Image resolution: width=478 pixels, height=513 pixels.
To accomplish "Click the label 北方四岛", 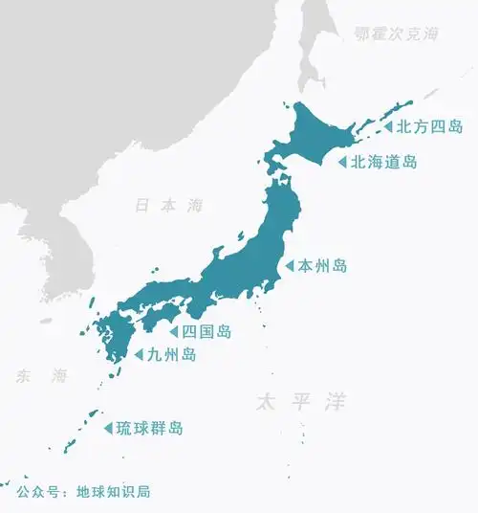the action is point(429,126).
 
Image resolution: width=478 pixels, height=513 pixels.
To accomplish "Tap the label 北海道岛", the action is point(384,162).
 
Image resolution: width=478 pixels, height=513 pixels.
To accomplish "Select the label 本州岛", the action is point(322,265).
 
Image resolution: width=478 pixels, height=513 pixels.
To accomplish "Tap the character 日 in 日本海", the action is point(142,205).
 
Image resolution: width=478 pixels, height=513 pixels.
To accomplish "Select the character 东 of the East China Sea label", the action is point(22,376).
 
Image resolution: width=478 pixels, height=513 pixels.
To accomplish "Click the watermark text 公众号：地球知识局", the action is point(83,492).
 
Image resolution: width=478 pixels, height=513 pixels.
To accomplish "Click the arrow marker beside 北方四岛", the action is point(388,126).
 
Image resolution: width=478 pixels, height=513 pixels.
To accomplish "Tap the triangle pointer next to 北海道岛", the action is point(341,162).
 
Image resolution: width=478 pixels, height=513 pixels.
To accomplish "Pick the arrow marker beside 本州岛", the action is point(289,265).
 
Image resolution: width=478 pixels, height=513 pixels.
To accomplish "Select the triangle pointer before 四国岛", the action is point(174,332).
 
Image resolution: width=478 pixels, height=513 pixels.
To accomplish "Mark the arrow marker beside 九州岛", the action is point(139,355).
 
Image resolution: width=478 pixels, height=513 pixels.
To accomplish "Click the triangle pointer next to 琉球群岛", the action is point(108,428).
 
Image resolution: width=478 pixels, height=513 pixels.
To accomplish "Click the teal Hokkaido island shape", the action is point(315,134).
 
